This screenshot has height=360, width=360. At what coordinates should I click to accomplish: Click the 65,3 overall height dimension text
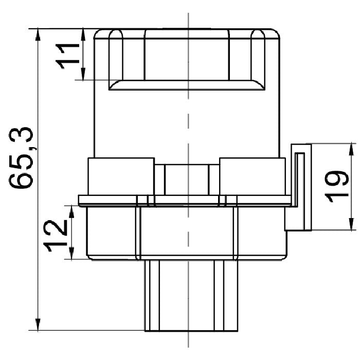click(x=21, y=158)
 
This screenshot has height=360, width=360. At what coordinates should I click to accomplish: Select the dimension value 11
click(x=67, y=56)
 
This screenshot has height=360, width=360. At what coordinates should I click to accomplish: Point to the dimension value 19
click(x=336, y=186)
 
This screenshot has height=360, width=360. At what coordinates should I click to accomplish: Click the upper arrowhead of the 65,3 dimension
click(x=38, y=34)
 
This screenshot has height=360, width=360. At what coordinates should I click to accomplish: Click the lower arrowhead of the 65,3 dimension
click(x=38, y=325)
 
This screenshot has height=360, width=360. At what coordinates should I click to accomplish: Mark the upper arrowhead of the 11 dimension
click(x=83, y=34)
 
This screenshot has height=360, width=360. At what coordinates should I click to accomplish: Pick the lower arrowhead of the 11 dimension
click(x=83, y=74)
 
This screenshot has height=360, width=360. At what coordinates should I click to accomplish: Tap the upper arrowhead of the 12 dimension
click(x=71, y=212)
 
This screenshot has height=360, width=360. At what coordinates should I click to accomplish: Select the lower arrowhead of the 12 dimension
click(x=71, y=253)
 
